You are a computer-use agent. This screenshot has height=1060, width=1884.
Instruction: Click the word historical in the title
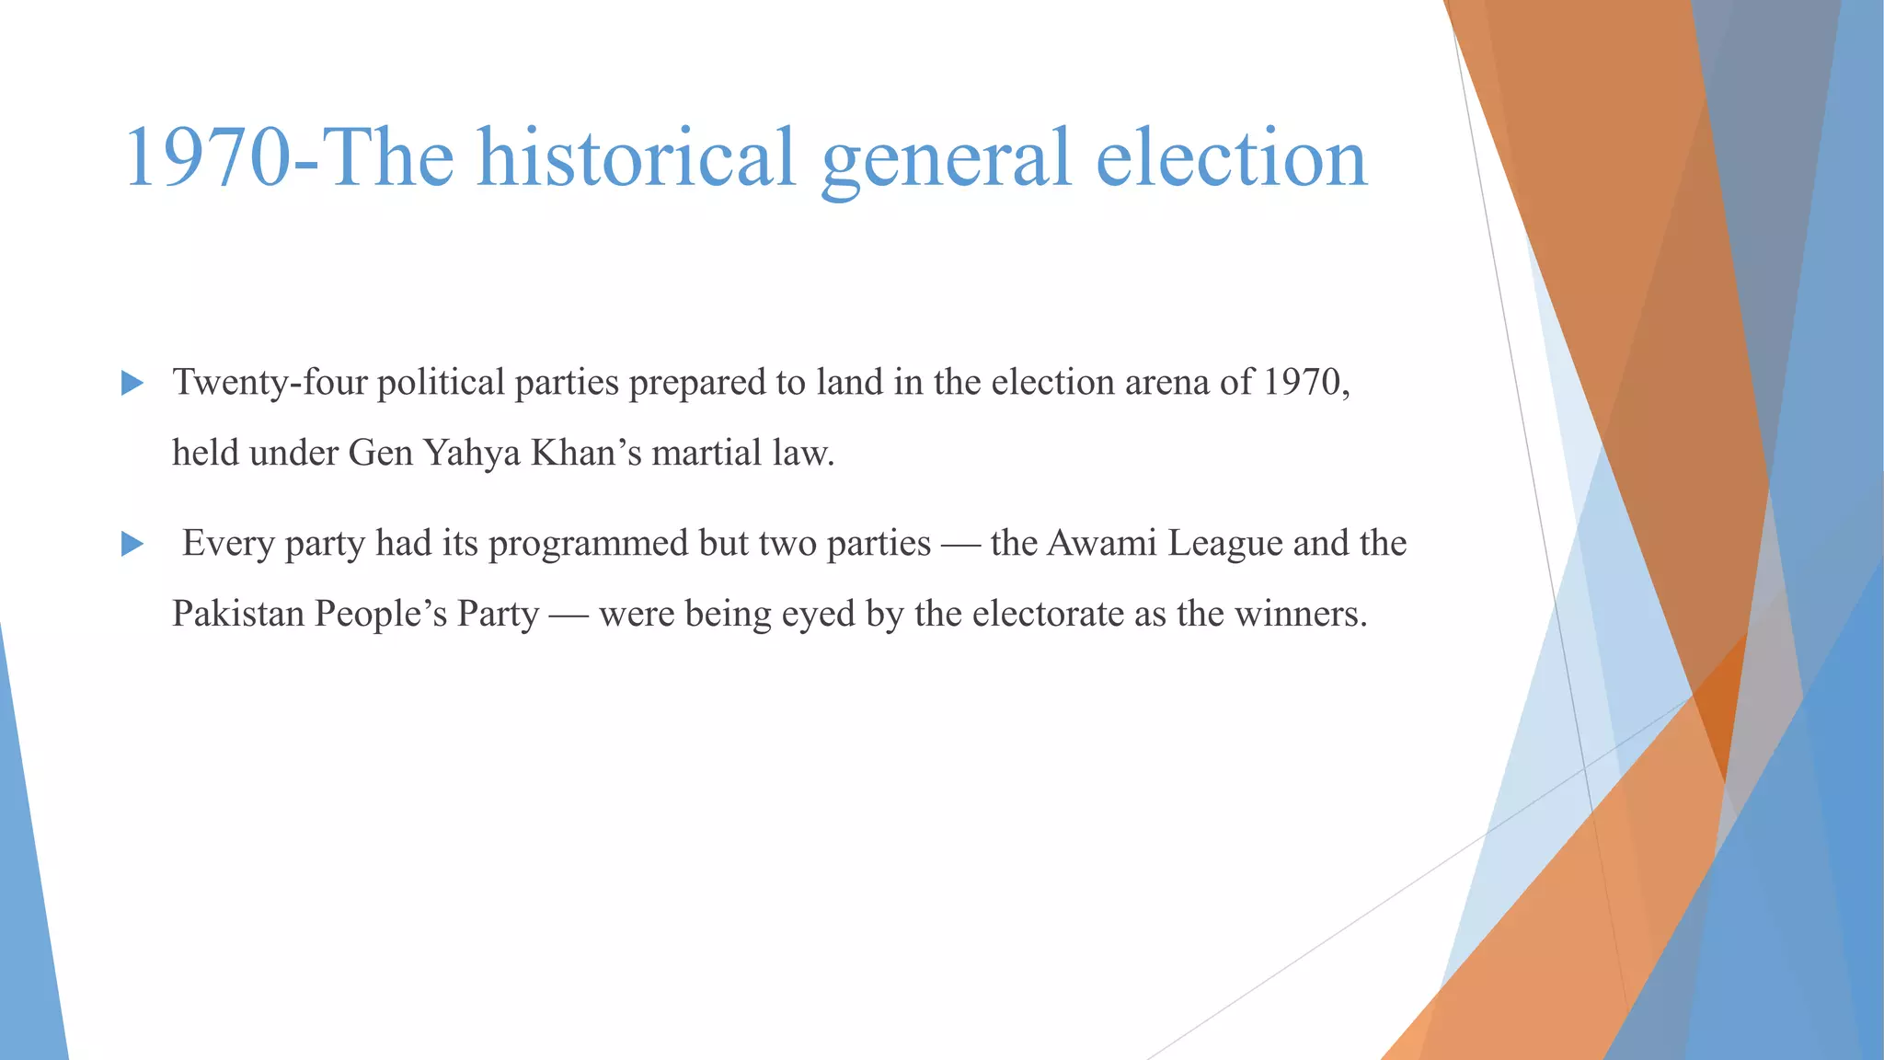click(x=636, y=157)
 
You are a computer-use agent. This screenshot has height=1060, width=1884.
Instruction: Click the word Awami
click(x=1101, y=543)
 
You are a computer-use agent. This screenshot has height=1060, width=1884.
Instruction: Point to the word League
click(x=1224, y=544)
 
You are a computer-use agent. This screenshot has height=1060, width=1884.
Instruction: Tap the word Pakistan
click(x=237, y=614)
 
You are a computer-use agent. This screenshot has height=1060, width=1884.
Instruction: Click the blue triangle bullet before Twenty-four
click(x=132, y=384)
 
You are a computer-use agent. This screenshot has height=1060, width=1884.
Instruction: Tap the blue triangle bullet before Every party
click(x=132, y=545)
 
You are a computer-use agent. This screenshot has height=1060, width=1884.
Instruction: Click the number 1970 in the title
click(x=207, y=157)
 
